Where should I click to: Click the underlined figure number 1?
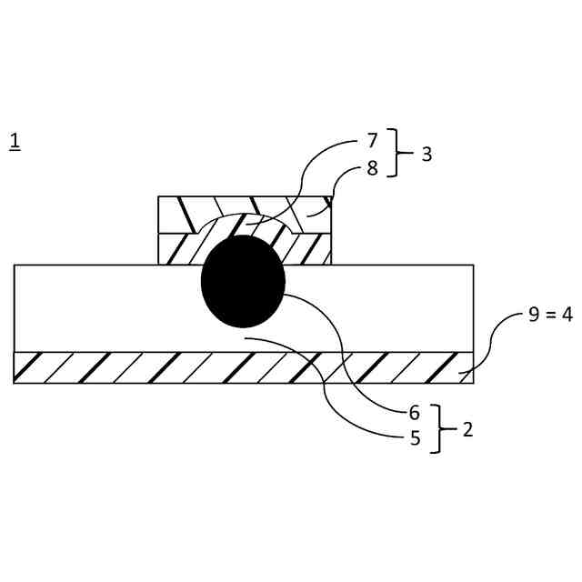coord(15,141)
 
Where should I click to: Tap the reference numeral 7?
coord(372,141)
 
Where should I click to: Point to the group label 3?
coord(426,154)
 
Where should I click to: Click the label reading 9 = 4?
coord(550,315)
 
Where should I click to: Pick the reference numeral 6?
coord(415,413)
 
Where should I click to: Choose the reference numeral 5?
coord(415,438)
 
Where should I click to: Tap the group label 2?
coord(467,429)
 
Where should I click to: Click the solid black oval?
coord(243,281)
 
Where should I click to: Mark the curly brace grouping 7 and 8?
coord(395,153)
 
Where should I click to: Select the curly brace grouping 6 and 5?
coord(438,428)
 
